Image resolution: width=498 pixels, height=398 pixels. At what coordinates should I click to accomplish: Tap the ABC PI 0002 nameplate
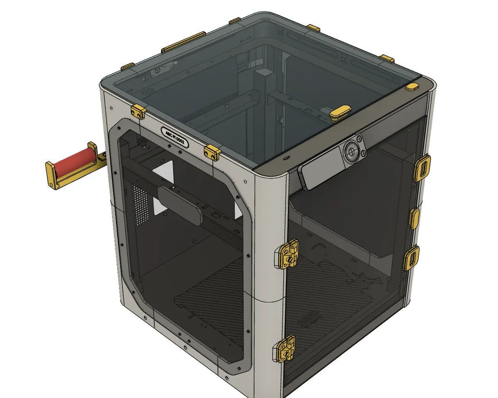tap(175, 137)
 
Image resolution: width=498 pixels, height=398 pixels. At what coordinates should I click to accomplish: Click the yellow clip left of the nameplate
tap(138, 112)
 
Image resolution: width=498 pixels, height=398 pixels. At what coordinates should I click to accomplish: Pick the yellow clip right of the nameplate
tap(212, 152)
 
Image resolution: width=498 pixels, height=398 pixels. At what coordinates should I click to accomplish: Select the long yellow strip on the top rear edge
tap(183, 42)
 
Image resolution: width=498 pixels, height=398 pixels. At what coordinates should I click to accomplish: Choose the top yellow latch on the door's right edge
tap(423, 168)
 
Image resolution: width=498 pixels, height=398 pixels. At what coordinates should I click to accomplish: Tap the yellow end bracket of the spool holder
tap(51, 174)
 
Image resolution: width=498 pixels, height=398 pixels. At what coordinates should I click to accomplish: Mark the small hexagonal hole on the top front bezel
tap(286, 158)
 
